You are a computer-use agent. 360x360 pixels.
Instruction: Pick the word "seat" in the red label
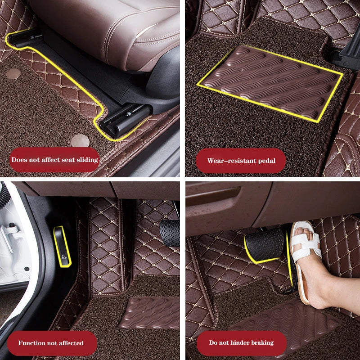tap(66, 160)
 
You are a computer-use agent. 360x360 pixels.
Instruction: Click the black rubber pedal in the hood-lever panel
tap(170, 233)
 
